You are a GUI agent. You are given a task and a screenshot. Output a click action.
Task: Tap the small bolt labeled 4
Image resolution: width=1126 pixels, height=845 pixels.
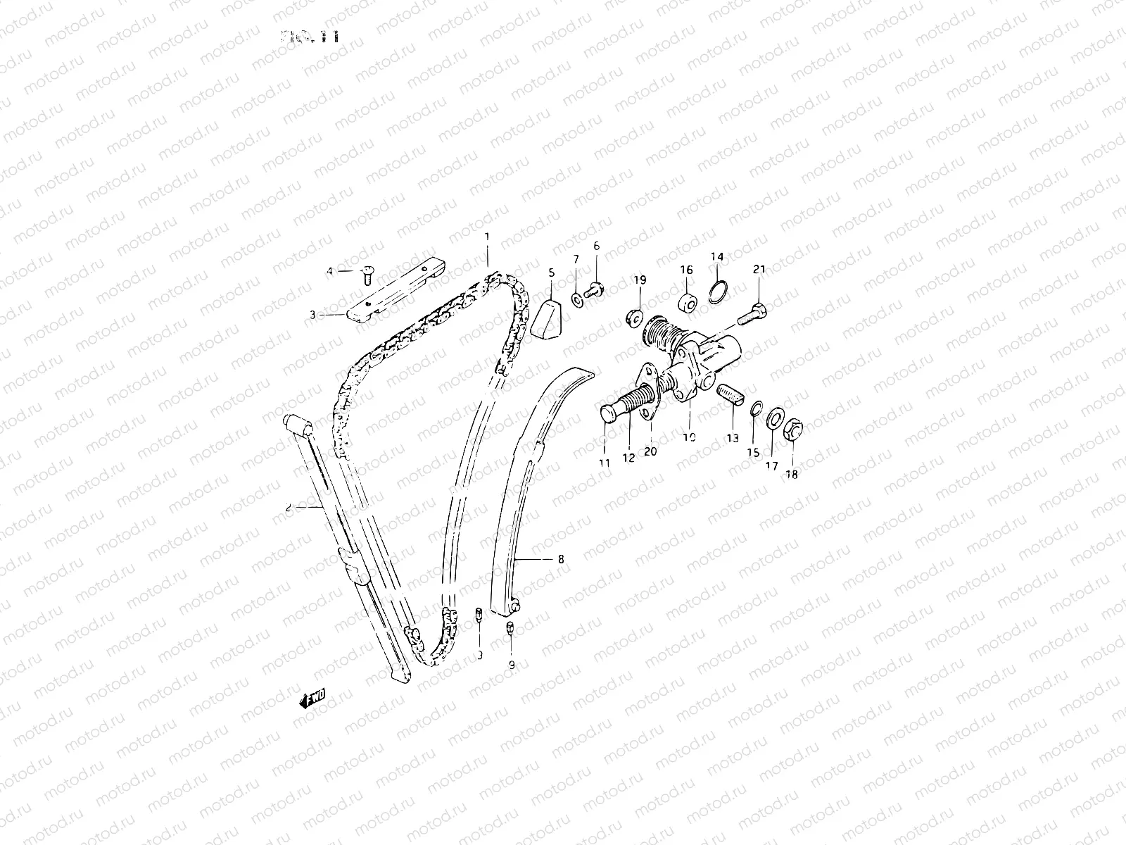tap(367, 274)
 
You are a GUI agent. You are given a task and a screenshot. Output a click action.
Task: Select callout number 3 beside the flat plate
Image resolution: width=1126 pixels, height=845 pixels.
tap(313, 315)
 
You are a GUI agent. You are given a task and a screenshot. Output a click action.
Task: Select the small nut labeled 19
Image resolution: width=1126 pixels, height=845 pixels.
tap(632, 318)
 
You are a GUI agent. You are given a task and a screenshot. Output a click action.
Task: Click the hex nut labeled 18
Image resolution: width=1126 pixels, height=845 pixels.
tap(792, 427)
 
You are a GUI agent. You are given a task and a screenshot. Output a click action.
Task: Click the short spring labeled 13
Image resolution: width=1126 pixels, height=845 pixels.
tap(729, 395)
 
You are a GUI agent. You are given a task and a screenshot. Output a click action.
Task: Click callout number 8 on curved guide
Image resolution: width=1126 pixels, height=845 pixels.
tap(560, 560)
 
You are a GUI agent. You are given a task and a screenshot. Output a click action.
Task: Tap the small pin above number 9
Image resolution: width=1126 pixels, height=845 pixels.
tap(512, 627)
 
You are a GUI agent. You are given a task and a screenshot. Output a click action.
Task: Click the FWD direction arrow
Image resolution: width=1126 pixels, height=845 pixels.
tap(312, 699)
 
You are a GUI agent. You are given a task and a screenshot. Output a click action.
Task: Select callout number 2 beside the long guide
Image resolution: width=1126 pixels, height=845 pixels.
tap(289, 506)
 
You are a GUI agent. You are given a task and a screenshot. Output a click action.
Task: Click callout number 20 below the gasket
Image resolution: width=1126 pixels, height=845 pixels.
tap(650, 451)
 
